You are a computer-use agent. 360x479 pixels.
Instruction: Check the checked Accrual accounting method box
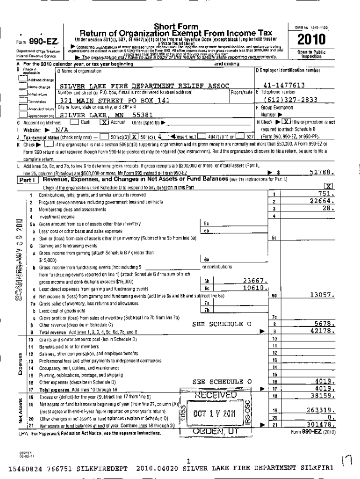point(105,122)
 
